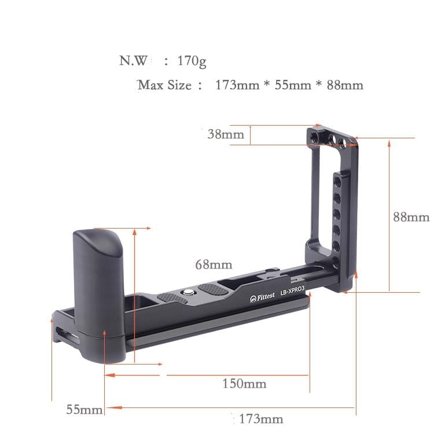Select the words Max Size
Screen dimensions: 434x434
point(165,85)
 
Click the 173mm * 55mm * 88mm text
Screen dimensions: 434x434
point(289,85)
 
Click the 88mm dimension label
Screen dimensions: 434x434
point(411,217)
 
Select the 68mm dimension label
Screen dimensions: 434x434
point(214,264)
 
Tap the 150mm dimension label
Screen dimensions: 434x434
point(244,384)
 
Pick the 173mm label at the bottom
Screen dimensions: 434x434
point(258,418)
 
